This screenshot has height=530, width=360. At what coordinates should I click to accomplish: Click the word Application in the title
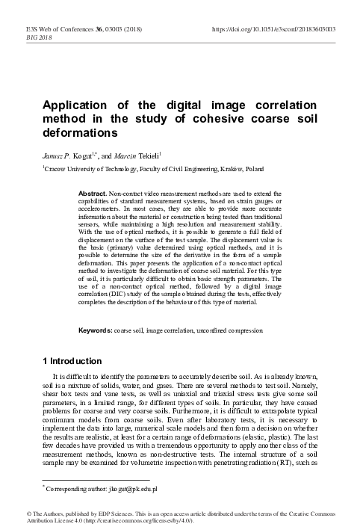(77, 105)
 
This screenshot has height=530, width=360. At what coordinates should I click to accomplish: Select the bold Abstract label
(92, 194)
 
